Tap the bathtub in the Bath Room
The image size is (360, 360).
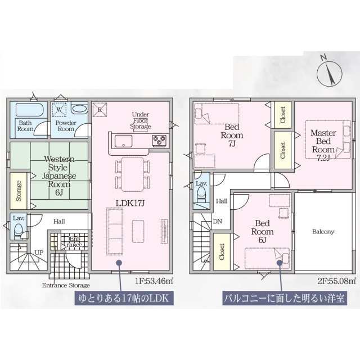30,110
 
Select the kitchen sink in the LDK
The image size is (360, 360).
124,141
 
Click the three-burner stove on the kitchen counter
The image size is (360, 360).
159,140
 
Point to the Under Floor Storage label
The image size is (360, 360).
140,120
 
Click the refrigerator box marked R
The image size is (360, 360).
100,110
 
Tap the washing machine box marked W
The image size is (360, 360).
59,110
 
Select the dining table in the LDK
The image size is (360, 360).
133,174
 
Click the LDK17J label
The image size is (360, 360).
130,203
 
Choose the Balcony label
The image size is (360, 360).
323,232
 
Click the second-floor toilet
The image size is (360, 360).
201,194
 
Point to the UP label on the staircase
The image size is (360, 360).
39,253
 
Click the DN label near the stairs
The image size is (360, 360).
218,222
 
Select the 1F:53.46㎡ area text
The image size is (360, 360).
154,281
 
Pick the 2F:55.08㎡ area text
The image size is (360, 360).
337,281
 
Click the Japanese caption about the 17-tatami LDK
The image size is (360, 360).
124,298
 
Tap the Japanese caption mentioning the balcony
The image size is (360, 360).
285,298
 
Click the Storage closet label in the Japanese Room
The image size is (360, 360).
19,191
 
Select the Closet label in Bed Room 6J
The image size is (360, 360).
222,252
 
